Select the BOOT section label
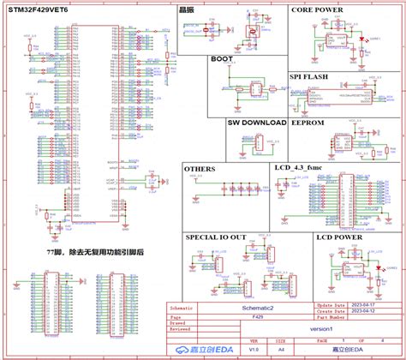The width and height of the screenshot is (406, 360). tap(222, 60)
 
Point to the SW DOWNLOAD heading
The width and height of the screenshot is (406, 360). tap(256, 123)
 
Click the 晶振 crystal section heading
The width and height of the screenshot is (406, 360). tap(210, 9)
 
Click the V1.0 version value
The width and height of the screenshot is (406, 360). tap(254, 350)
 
